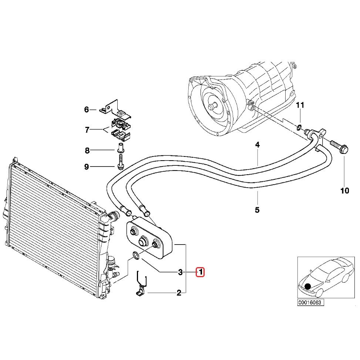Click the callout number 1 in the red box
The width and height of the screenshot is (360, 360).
click(200, 272)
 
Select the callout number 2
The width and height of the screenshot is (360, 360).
click(179, 293)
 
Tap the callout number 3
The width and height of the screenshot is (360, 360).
click(180, 272)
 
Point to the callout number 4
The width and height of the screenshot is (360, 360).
click(257, 145)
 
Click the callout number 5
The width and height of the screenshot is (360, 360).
click(257, 210)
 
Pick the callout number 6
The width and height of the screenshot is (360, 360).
click(87, 110)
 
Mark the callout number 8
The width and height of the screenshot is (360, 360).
click(87, 150)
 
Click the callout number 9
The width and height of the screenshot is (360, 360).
click(87, 167)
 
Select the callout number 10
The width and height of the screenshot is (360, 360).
click(344, 191)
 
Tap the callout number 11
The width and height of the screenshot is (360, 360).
click(300, 105)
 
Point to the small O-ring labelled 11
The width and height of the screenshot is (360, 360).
click(298, 128)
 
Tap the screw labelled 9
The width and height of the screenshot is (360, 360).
click(121, 162)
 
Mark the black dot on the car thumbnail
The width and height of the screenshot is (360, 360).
click(307, 286)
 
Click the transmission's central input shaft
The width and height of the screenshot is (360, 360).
click(212, 106)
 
